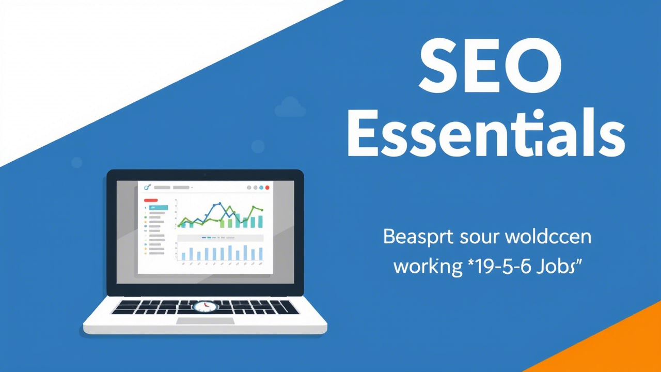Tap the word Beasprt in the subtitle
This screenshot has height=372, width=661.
coord(418,237)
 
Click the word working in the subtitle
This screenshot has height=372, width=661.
coord(427,267)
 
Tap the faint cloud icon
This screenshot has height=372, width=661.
coord(290,107)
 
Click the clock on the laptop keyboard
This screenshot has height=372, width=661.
coord(205,306)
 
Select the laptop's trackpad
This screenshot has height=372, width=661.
coord(205,321)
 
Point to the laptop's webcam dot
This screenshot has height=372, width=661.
coord(205,175)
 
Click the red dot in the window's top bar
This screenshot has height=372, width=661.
coord(267,188)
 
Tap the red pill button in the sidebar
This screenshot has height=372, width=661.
coord(151,200)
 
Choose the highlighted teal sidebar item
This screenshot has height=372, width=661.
coord(155,207)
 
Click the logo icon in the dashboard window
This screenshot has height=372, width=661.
coord(147,187)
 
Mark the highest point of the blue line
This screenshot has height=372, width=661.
coord(220,204)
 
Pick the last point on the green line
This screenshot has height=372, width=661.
coord(262,210)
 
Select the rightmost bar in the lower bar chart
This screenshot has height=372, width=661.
coord(261,254)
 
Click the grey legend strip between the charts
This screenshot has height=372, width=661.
coord(220,238)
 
